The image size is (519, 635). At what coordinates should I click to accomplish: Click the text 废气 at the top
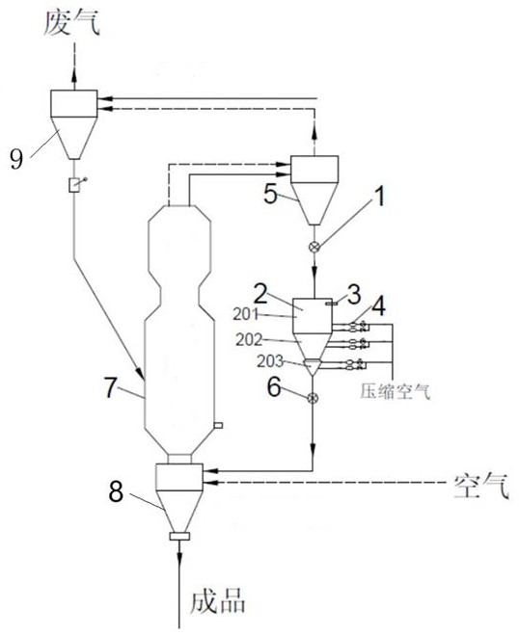pyautogui.click(x=72, y=23)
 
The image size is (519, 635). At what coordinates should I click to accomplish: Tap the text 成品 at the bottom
pyautogui.click(x=217, y=600)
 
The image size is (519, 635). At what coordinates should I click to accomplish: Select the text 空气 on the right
pyautogui.click(x=481, y=486)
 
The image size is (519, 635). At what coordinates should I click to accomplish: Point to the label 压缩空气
pyautogui.click(x=395, y=391)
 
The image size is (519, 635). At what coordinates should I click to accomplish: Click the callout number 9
pyautogui.click(x=16, y=159)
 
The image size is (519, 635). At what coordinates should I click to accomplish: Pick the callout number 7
pyautogui.click(x=111, y=387)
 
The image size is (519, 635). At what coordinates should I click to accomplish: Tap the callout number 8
pyautogui.click(x=116, y=491)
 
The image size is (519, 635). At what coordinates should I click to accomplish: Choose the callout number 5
pyautogui.click(x=270, y=194)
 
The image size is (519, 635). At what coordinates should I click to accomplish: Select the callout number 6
pyautogui.click(x=274, y=387)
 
